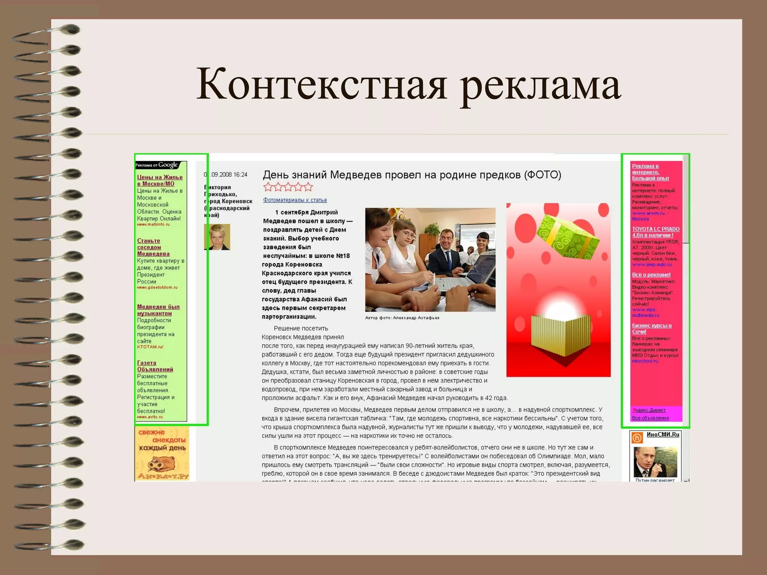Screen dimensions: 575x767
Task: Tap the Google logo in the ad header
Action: pyautogui.click(x=168, y=165)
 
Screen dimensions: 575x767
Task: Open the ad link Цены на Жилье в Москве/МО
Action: pyautogui.click(x=160, y=180)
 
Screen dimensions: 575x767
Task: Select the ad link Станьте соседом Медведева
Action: pyautogui.click(x=153, y=247)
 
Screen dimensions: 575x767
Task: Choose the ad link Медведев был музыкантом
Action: pyautogui.click(x=158, y=310)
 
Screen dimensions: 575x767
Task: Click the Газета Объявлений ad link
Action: pyautogui.click(x=155, y=366)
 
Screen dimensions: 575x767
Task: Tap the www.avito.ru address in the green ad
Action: pyautogui.click(x=150, y=417)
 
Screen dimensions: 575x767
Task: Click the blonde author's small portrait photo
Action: pyautogui.click(x=217, y=237)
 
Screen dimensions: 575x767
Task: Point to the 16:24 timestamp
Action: pyautogui.click(x=240, y=174)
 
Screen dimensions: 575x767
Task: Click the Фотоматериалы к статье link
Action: pyautogui.click(x=295, y=200)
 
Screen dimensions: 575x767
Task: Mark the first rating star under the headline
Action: pyautogui.click(x=268, y=187)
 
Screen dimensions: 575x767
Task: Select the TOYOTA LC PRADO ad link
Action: pyautogui.click(x=655, y=232)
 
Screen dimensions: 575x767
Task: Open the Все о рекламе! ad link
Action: pyautogui.click(x=651, y=275)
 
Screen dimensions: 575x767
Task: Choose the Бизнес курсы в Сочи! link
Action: pyautogui.click(x=652, y=328)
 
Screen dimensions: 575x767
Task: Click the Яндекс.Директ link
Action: pyautogui.click(x=649, y=410)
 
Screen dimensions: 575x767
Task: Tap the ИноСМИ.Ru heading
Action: pyautogui.click(x=663, y=435)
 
